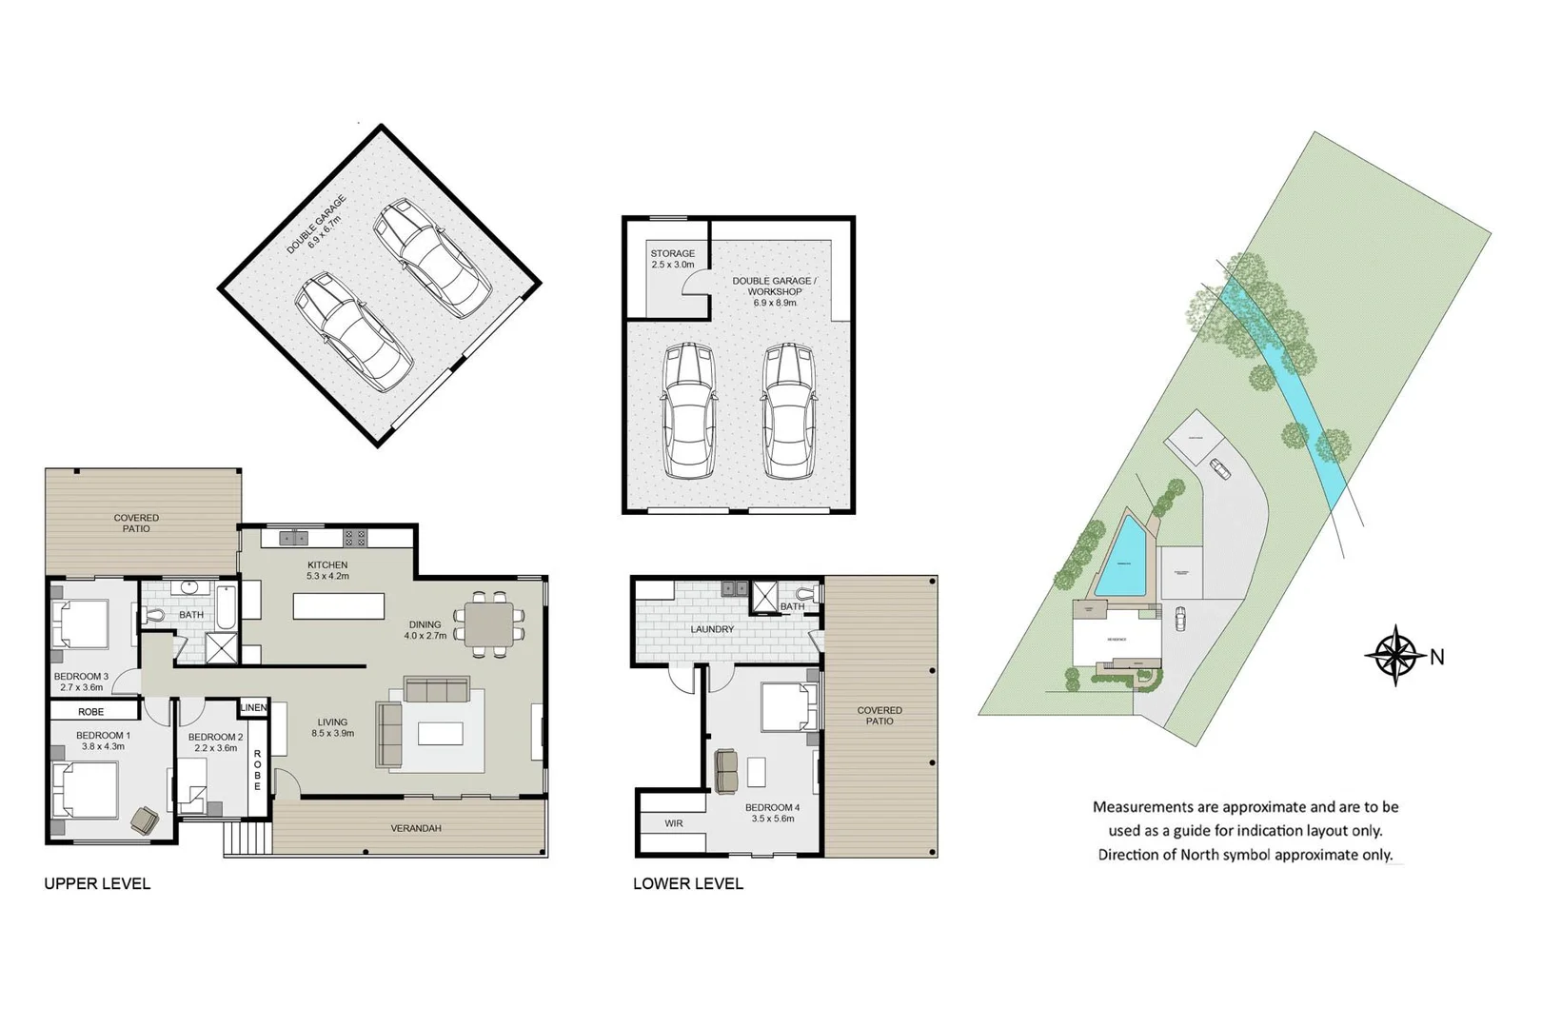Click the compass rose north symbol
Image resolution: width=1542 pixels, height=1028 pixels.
click(x=1395, y=655)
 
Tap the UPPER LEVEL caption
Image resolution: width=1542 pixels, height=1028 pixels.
click(x=97, y=883)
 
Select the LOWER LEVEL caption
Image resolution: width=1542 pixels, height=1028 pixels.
click(x=688, y=883)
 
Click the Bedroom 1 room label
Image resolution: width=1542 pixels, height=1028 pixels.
click(x=103, y=741)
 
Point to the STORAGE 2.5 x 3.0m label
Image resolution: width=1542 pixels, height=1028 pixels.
click(x=672, y=259)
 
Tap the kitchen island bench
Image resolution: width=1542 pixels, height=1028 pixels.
click(x=339, y=606)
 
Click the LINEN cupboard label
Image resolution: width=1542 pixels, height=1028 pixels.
click(x=254, y=707)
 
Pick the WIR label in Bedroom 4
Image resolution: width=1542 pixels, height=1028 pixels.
click(x=673, y=823)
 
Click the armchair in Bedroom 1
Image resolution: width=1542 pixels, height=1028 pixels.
click(x=145, y=819)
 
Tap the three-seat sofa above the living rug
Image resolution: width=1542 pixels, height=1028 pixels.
click(x=437, y=689)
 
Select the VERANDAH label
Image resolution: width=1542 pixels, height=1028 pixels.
click(x=416, y=828)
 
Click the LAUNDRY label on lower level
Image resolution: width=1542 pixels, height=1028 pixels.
click(x=712, y=629)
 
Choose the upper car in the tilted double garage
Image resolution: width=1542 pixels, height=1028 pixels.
click(x=431, y=257)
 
